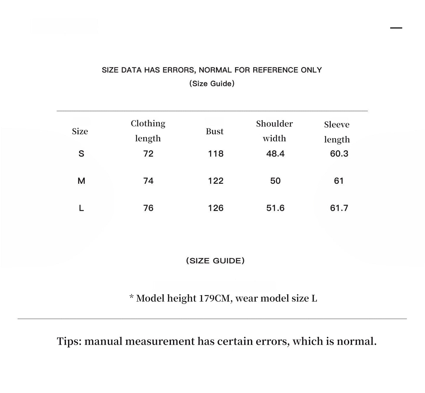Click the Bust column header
(x=214, y=131)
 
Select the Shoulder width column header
(x=274, y=131)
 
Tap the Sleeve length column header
(x=337, y=132)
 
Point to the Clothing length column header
(x=148, y=131)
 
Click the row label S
(x=81, y=154)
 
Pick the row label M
(x=81, y=181)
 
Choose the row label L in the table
(x=81, y=208)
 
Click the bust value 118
(x=216, y=154)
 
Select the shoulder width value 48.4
(x=275, y=154)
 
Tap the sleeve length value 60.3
(x=339, y=154)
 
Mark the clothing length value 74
(x=148, y=181)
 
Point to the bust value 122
(x=216, y=181)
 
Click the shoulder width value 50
(x=275, y=181)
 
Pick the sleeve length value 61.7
(x=339, y=208)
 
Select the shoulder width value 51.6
(x=275, y=208)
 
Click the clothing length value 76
(x=148, y=208)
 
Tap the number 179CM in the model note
(x=214, y=298)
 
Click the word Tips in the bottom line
(x=69, y=342)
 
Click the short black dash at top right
(x=396, y=28)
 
